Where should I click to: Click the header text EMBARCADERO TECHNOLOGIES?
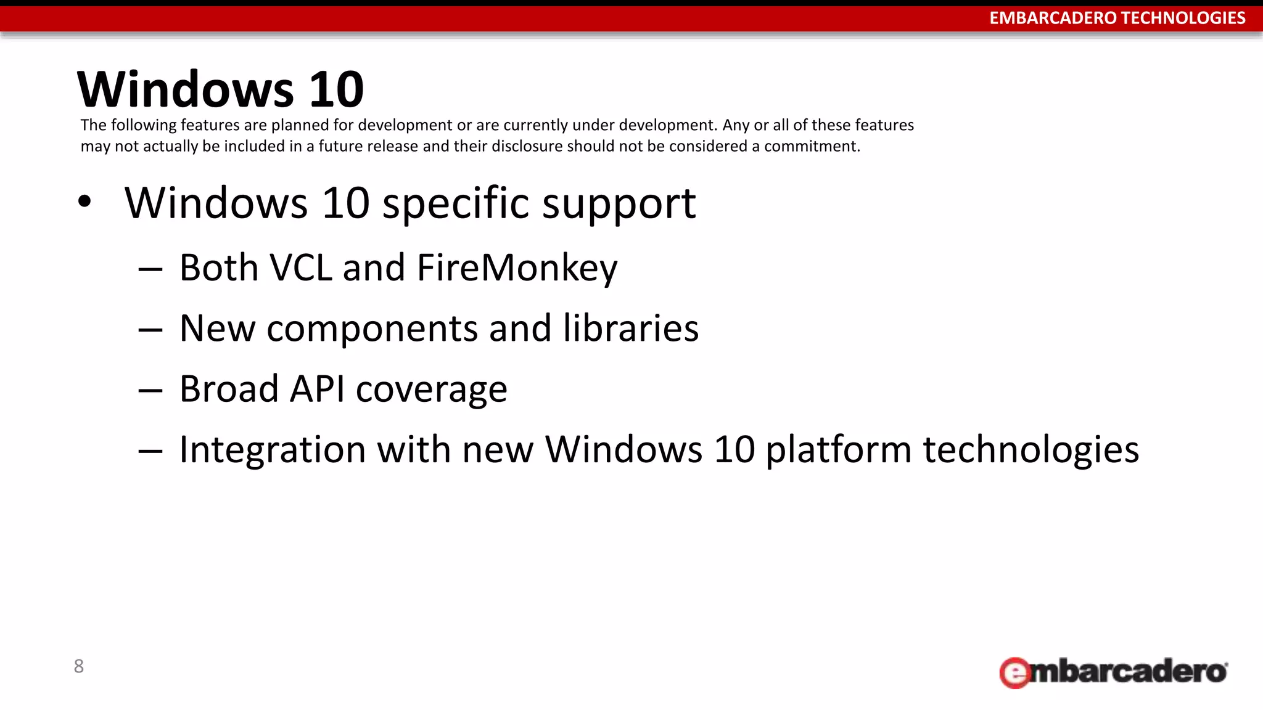pos(1117,18)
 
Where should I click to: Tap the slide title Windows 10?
pos(220,89)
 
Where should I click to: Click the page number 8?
pos(79,666)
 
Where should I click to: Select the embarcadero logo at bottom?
pos(1113,672)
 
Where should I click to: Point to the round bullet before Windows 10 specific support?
pos(84,202)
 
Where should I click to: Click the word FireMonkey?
pos(517,268)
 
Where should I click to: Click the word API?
pos(317,389)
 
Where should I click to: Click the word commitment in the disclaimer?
pos(812,146)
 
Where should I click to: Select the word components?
pos(372,329)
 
